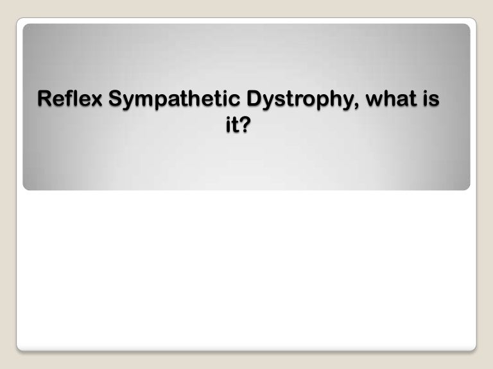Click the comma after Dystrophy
pos(352,106)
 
